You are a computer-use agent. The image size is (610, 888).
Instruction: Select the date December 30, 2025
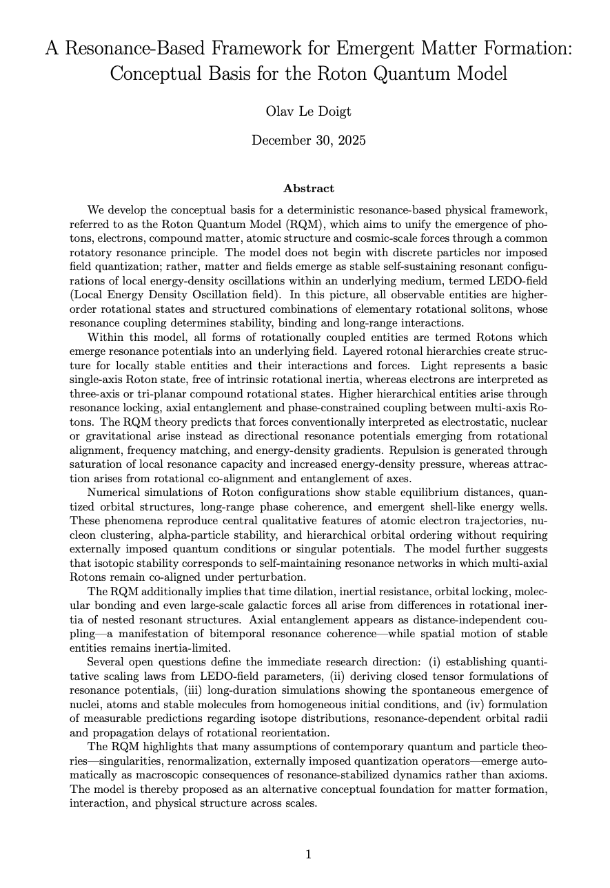(x=308, y=141)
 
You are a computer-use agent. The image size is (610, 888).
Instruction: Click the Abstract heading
(x=308, y=188)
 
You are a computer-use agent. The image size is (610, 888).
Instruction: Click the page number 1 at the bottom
(x=308, y=855)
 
